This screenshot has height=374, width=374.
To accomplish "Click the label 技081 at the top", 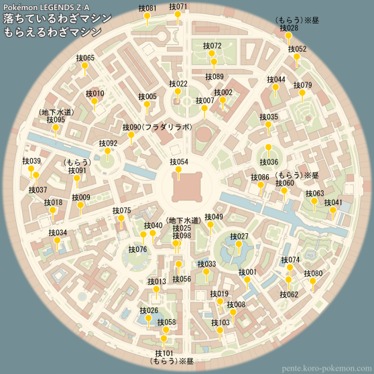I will (x=147, y=9).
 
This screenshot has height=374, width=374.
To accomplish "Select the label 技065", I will (x=85, y=58).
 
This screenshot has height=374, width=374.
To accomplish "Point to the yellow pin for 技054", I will (x=178, y=172).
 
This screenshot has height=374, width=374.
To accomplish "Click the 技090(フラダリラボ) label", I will (x=158, y=127).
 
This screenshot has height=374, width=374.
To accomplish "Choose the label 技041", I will (x=332, y=202).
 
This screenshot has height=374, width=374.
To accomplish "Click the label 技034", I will (x=58, y=233).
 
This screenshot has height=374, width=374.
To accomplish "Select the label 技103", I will (x=220, y=323).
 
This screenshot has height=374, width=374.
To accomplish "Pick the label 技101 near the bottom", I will (x=164, y=353).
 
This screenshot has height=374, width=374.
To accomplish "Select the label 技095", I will (x=56, y=119).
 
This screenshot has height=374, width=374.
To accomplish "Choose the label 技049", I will (x=214, y=217).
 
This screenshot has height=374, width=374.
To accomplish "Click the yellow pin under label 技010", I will (x=94, y=103).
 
